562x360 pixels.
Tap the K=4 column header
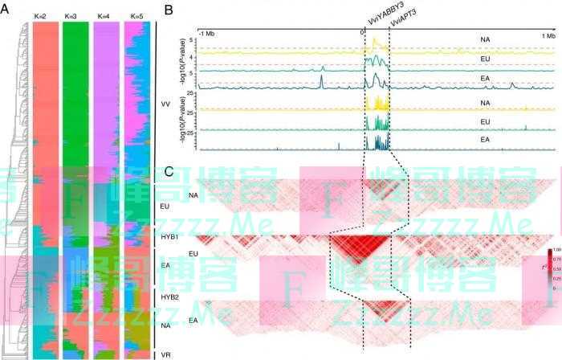click(x=104, y=16)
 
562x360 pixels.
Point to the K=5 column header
click(x=135, y=16)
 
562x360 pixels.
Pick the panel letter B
click(x=168, y=9)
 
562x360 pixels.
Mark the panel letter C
click(x=168, y=170)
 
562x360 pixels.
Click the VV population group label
click(x=165, y=105)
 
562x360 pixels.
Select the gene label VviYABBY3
click(x=375, y=14)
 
